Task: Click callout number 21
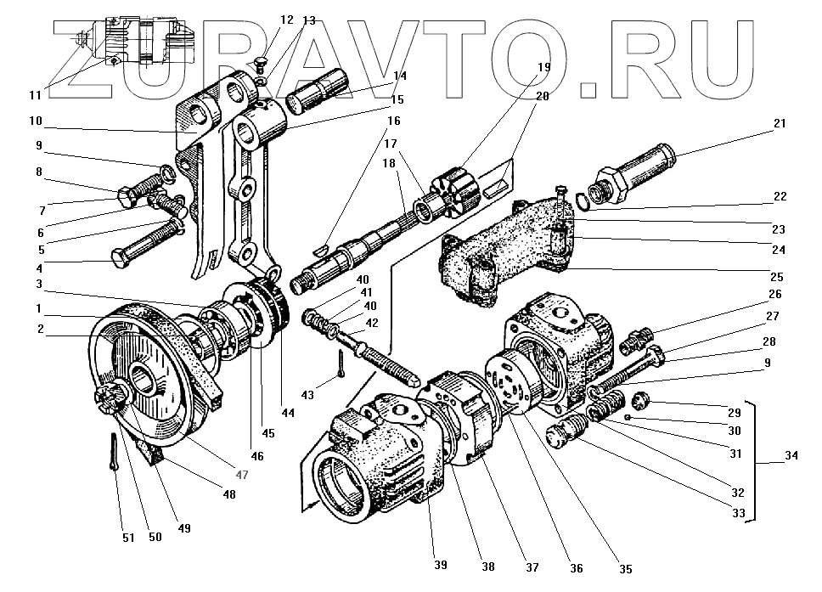(x=780, y=124)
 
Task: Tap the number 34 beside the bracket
(x=791, y=457)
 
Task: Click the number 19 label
(x=543, y=66)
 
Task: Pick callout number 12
(x=286, y=20)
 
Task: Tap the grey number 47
(x=242, y=474)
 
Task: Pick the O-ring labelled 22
(x=582, y=200)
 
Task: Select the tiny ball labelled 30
(x=627, y=418)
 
